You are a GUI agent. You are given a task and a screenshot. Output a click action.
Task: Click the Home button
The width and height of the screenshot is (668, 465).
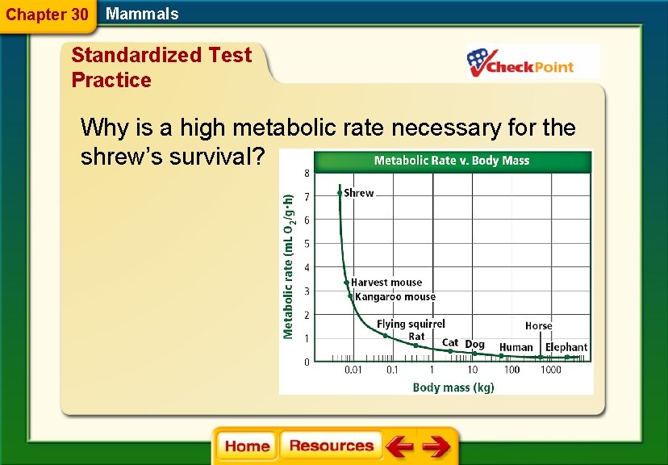coord(247,446)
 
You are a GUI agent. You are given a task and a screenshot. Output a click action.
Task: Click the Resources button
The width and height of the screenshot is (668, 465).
coord(331,446)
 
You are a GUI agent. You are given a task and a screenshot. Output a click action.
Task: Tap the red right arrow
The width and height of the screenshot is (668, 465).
coord(436,446)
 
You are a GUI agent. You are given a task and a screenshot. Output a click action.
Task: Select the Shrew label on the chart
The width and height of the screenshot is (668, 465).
coord(358,193)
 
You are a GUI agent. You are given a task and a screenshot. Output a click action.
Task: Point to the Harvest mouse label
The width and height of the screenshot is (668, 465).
coord(386,283)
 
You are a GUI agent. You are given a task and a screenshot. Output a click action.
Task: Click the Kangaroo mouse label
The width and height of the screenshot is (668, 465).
coord(395,297)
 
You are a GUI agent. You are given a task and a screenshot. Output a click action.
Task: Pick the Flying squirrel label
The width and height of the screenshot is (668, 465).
coord(411,324)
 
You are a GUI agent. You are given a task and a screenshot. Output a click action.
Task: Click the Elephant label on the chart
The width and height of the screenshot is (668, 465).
coord(566,347)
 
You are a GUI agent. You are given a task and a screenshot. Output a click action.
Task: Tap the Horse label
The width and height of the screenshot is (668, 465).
coord(538,326)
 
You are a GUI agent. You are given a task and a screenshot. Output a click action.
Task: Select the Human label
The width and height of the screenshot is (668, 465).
coord(516,347)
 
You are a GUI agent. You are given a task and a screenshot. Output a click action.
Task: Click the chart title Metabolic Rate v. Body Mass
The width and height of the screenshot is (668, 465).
coord(452,161)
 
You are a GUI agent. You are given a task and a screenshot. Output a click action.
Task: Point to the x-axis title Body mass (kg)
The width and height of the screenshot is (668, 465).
coord(453,387)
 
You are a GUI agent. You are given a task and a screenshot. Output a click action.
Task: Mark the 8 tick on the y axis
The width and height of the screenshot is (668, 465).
coord(307,173)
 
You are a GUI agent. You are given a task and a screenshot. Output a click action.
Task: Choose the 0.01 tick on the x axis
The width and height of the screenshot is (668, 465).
coord(353,371)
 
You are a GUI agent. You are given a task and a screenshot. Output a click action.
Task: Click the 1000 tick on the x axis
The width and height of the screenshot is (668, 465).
coord(551,371)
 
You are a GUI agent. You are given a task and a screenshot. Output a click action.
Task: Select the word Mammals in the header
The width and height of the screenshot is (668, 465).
coord(142,14)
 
